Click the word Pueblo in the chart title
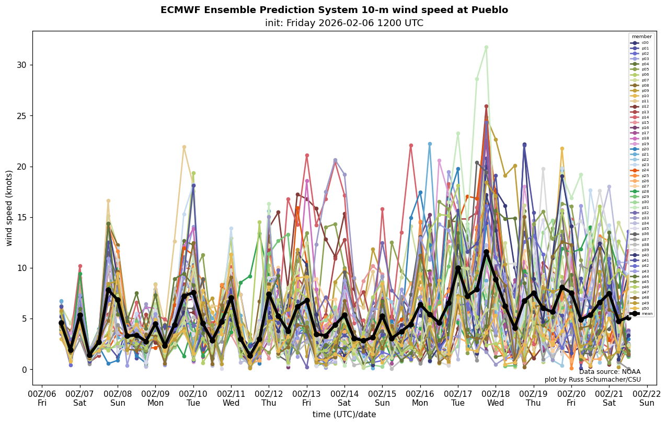click(489, 10)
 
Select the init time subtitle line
click(344, 23)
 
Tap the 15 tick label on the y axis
click(22, 217)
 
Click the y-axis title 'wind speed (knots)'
click(9, 208)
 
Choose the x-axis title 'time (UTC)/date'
click(344, 415)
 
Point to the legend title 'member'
click(641, 37)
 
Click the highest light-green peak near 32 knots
click(486, 48)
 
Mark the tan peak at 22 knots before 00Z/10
click(184, 147)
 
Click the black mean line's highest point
click(486, 252)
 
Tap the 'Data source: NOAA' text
click(609, 372)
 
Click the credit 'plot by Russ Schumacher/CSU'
click(592, 380)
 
